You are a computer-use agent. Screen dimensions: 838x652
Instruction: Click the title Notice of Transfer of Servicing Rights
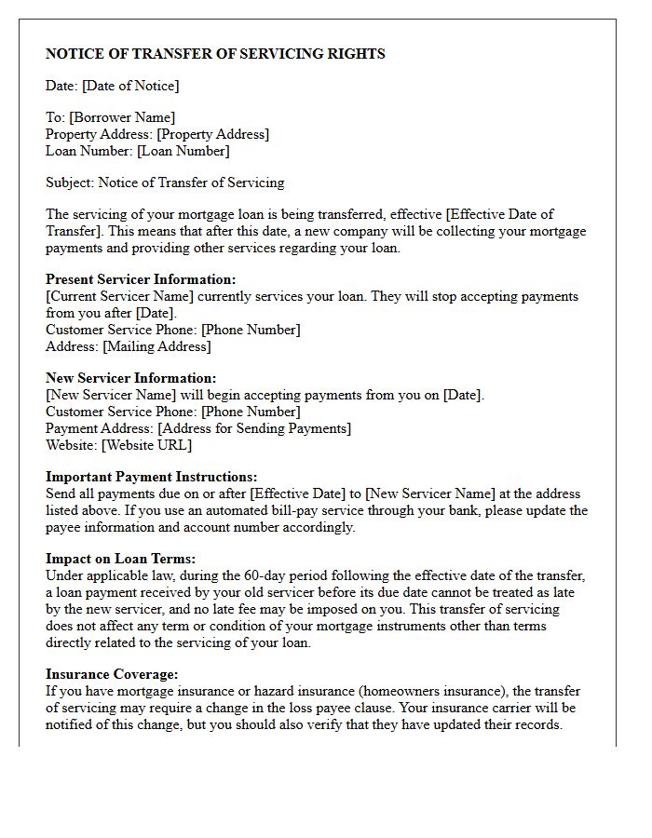(x=215, y=54)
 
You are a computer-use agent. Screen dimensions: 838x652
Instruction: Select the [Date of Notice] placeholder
(x=130, y=86)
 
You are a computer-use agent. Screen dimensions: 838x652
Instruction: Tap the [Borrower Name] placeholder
(x=122, y=117)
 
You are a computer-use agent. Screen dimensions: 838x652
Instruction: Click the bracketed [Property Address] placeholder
(x=212, y=134)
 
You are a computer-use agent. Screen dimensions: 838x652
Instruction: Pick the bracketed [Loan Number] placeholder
(x=183, y=151)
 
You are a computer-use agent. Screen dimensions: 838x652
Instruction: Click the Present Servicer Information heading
(x=141, y=279)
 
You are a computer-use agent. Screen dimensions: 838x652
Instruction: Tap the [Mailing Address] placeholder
(x=156, y=346)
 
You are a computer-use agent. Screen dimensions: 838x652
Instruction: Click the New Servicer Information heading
(x=130, y=378)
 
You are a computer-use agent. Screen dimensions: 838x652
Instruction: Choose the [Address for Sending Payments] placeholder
(x=254, y=428)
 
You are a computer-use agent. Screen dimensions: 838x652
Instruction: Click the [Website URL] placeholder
(x=146, y=445)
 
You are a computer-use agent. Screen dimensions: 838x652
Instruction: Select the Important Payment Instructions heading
(x=152, y=477)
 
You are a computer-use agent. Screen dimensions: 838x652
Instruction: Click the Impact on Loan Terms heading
(x=120, y=559)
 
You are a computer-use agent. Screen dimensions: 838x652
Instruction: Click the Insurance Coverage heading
(x=112, y=674)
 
